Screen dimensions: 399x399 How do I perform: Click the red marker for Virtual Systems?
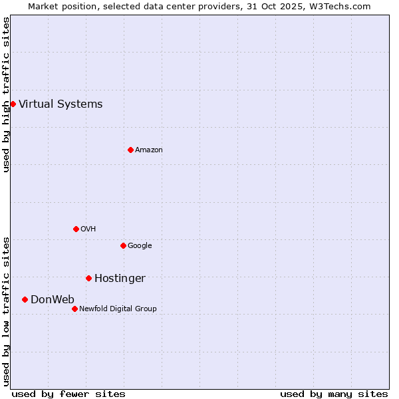pyautogui.click(x=13, y=104)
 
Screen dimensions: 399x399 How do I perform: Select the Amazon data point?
pyautogui.click(x=130, y=150)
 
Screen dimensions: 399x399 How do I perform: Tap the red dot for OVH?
pyautogui.click(x=76, y=229)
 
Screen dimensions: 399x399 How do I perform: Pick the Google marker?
pyautogui.click(x=123, y=245)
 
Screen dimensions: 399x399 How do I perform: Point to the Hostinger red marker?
pyautogui.click(x=88, y=278)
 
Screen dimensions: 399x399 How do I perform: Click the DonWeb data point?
pyautogui.click(x=25, y=299)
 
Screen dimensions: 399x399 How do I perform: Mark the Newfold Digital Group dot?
pyautogui.click(x=74, y=309)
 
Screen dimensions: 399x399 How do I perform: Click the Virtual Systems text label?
pyautogui.click(x=61, y=104)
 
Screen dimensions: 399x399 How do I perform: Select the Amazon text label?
pyautogui.click(x=149, y=150)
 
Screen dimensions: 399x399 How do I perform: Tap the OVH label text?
pyautogui.click(x=88, y=229)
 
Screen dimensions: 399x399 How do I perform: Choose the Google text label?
pyautogui.click(x=140, y=245)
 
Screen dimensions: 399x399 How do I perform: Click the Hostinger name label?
pyautogui.click(x=120, y=278)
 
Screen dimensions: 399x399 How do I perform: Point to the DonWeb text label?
pyautogui.click(x=53, y=299)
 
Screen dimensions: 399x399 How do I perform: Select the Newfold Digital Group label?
pyautogui.click(x=118, y=309)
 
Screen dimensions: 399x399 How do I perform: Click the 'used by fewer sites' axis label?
pyautogui.click(x=68, y=394)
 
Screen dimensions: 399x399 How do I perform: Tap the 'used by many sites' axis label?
pyautogui.click(x=334, y=394)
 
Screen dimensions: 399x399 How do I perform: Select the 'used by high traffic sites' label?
pyautogui.click(x=6, y=94)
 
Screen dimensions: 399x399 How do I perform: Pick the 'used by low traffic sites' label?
pyautogui.click(x=6, y=311)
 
